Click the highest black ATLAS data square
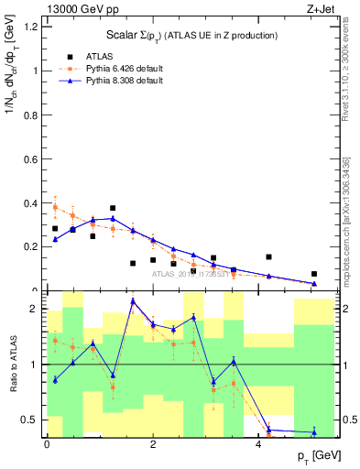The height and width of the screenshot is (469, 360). (x=113, y=208)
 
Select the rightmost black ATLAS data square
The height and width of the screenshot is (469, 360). (x=314, y=274)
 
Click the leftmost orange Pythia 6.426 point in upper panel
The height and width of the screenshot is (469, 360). (x=55, y=207)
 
